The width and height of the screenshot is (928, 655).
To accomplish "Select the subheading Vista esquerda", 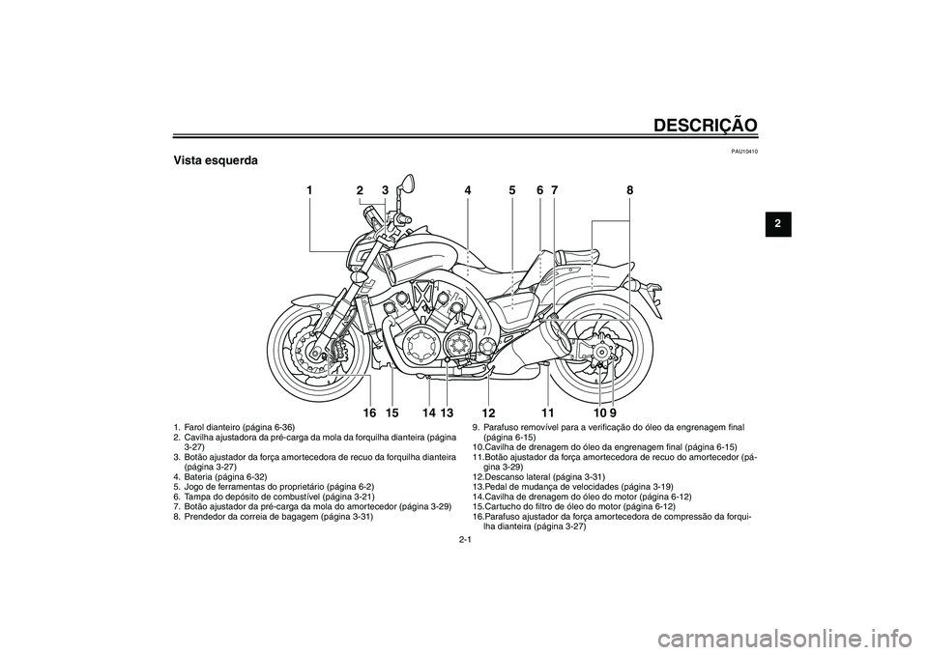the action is point(215,160).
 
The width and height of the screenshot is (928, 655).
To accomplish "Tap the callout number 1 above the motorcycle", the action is point(310,191).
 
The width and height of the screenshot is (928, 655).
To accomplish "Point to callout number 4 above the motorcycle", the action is point(467,191).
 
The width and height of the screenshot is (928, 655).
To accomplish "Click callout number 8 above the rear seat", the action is point(629,191).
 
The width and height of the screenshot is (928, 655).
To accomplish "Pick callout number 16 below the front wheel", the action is point(369,413).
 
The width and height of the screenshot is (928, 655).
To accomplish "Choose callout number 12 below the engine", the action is point(487,413).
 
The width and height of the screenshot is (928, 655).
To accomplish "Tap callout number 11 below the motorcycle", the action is point(547,413).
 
